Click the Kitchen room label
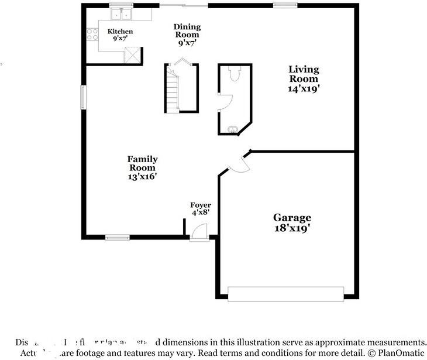coord(120,31)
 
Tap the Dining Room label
coord(187,30)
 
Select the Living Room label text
coord(303,74)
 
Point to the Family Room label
coord(142,163)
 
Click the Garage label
coord(292,218)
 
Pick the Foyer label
coord(201,205)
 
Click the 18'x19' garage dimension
coord(292,228)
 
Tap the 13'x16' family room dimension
coord(142,176)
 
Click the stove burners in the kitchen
coord(92,34)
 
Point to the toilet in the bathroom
coord(235,74)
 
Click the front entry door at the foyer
coord(199,232)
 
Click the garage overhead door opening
coord(285,294)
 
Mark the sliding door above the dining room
coord(184,5)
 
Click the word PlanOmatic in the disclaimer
coord(401,353)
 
